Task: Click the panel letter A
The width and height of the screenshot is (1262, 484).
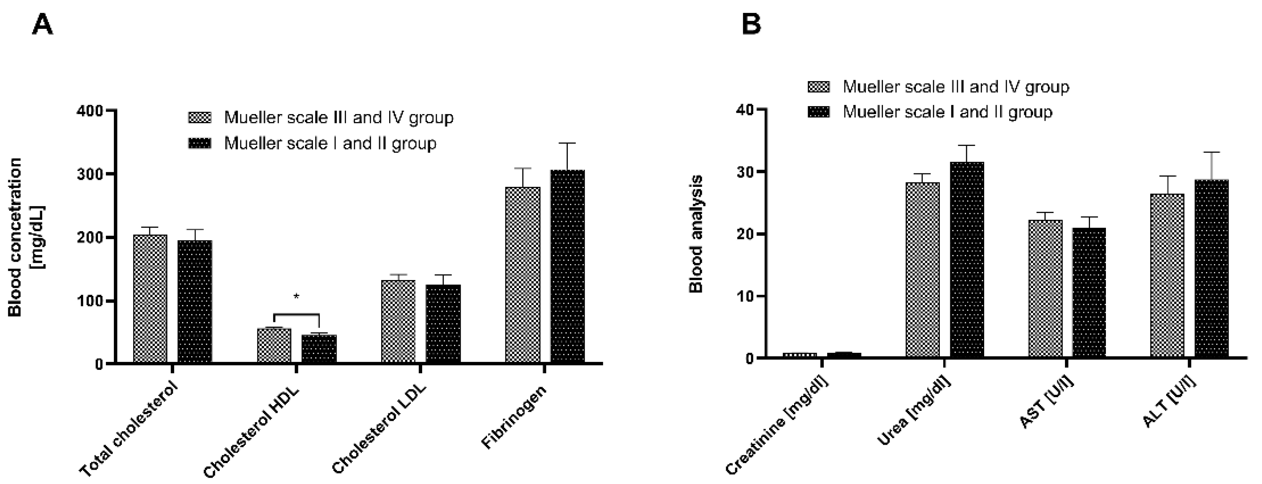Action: click(x=42, y=25)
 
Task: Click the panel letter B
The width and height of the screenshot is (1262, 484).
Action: click(x=752, y=25)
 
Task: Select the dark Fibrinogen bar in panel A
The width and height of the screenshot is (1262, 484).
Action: click(x=567, y=267)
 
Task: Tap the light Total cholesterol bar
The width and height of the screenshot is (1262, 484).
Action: click(x=150, y=299)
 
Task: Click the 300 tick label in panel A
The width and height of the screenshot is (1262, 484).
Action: click(x=90, y=174)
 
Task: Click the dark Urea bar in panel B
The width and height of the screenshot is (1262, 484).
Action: click(x=967, y=260)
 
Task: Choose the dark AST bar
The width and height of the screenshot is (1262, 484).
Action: click(x=1089, y=293)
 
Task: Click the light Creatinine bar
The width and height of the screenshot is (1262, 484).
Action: click(x=800, y=355)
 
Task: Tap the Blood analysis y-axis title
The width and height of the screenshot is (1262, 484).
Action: click(x=696, y=234)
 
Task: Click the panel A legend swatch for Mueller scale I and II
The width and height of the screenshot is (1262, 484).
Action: click(x=200, y=143)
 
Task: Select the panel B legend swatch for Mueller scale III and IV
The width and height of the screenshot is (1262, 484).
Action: click(x=818, y=87)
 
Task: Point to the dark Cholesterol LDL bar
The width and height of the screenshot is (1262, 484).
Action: click(x=443, y=324)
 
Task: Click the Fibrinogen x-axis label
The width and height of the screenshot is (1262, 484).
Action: click(x=514, y=418)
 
